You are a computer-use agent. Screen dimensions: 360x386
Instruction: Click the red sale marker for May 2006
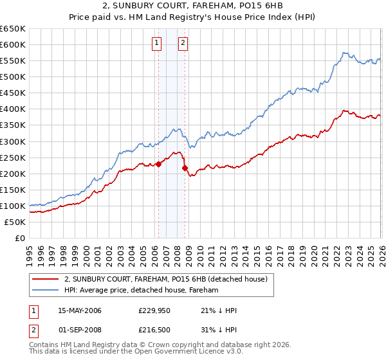[x=158, y=164]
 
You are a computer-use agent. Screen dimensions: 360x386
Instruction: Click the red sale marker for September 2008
[x=185, y=168]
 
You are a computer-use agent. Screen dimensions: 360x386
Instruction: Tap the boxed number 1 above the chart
[x=157, y=43]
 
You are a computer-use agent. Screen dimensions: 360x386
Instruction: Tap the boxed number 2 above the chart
[x=183, y=43]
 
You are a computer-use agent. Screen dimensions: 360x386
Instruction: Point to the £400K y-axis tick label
[x=12, y=109]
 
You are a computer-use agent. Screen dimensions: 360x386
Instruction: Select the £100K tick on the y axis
[x=12, y=206]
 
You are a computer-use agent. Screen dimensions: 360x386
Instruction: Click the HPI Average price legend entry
[x=142, y=291]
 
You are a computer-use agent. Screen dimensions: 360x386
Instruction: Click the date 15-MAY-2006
[x=80, y=310]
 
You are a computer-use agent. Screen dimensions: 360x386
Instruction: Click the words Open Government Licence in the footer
[x=187, y=353]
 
